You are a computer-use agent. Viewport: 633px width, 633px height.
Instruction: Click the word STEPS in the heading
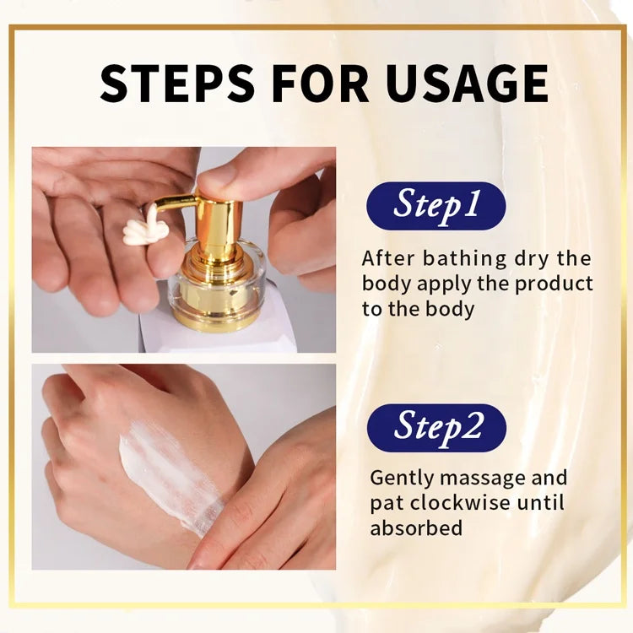coord(177,83)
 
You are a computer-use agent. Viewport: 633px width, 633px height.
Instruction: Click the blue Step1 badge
coord(436,206)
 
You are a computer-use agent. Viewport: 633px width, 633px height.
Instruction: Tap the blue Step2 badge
coord(436,428)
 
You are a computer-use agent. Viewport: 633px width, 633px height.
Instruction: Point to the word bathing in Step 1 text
coord(464,259)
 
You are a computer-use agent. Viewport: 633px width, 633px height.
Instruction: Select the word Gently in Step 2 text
coord(401,479)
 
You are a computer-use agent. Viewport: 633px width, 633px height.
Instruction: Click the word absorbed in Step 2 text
coord(416,528)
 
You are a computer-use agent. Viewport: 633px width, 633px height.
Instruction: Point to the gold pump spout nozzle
coord(176,203)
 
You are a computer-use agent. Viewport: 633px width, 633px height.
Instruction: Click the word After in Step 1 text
coord(388,258)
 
